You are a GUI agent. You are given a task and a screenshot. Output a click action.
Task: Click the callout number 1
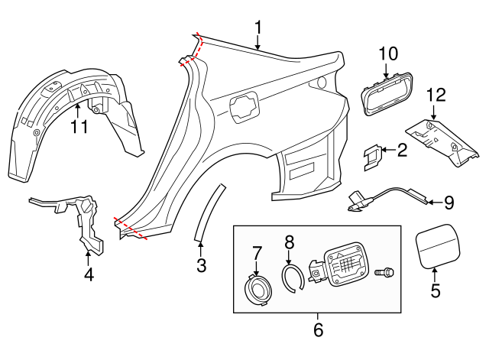(258, 28)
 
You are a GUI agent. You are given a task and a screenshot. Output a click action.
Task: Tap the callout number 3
(201, 266)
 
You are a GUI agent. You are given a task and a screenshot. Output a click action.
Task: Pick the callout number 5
(436, 290)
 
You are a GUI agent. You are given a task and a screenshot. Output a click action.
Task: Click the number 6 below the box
(318, 330)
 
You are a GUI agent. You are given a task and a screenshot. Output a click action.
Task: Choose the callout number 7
(257, 252)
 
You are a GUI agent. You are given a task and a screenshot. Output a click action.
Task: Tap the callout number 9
(449, 203)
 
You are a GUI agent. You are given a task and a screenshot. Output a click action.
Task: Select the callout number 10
(388, 54)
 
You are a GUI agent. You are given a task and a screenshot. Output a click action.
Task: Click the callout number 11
(79, 126)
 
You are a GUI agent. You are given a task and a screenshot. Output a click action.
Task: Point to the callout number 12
(435, 96)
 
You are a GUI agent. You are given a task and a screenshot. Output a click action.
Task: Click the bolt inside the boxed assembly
(385, 272)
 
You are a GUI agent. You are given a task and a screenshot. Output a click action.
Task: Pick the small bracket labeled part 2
(373, 155)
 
